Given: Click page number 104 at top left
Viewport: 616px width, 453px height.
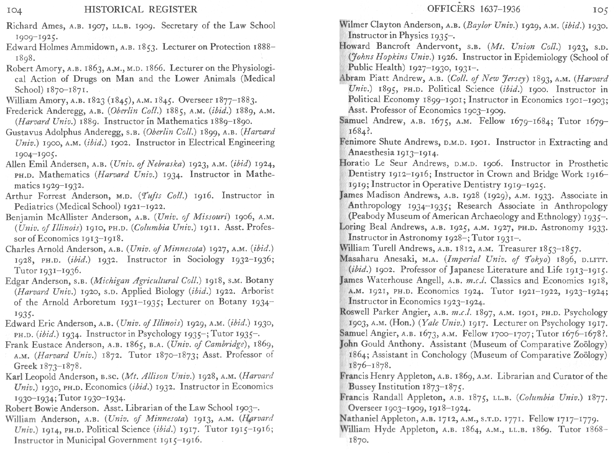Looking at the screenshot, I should pyautogui.click(x=14, y=11).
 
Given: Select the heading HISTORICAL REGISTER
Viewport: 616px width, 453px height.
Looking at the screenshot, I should pyautogui.click(x=141, y=10).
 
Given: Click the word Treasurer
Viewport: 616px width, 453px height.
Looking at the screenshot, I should pyautogui.click(x=517, y=248).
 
